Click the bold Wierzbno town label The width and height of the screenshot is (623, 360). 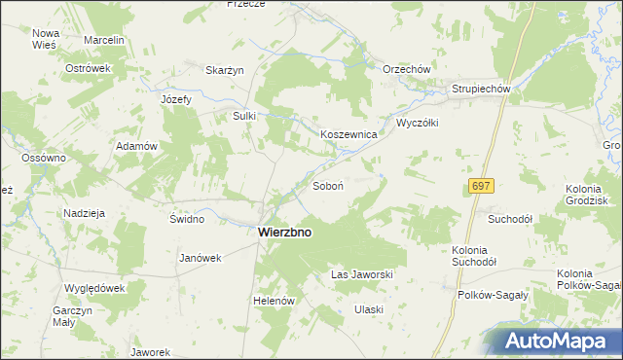point(292,234)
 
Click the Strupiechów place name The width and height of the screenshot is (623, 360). point(481,90)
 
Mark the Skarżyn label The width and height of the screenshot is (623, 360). point(224,70)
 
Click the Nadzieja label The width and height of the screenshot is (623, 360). point(85,213)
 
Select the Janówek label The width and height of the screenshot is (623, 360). point(202,259)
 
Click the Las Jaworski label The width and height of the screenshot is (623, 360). point(362,275)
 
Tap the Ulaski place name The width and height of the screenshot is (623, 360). point(369,309)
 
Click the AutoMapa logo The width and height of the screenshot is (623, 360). point(564,342)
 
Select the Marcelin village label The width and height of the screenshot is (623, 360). point(104,41)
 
